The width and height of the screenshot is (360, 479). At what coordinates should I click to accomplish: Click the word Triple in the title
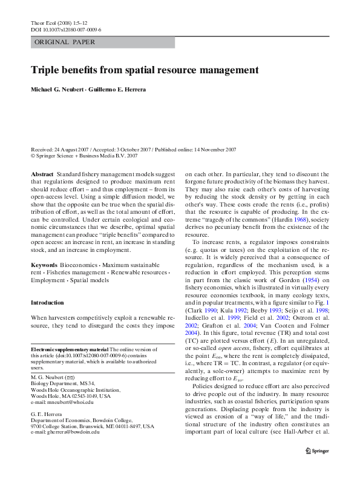click(45, 70)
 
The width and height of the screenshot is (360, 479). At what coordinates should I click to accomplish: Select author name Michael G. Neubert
click(61, 90)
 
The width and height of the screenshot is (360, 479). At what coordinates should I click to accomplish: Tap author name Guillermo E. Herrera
click(123, 90)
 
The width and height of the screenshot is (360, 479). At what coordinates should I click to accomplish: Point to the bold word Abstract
click(42, 173)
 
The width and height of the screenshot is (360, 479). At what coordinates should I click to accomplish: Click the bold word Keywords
click(44, 266)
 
